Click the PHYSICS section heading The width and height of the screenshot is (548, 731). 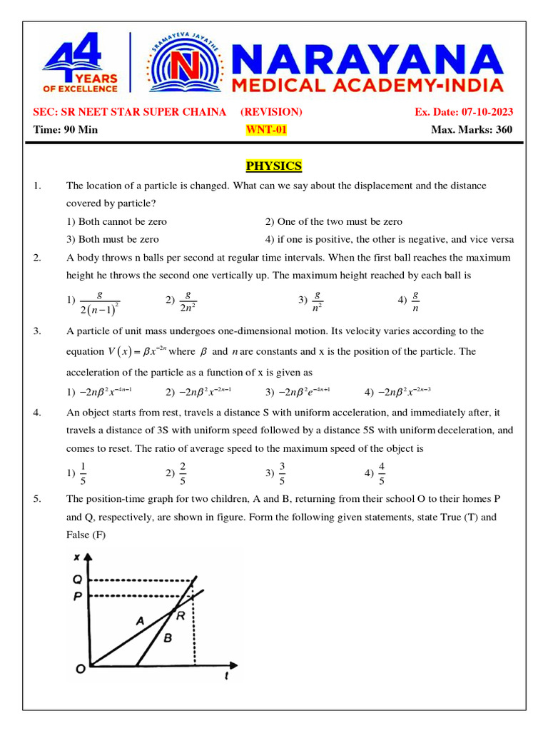pos(274,166)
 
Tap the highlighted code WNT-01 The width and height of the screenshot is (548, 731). pos(266,130)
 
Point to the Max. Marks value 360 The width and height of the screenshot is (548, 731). pos(502,130)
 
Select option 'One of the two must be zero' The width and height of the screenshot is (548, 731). pos(333,222)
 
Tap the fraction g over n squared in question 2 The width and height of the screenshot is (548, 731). pos(318,301)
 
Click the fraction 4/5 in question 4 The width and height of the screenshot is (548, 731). pos(382,473)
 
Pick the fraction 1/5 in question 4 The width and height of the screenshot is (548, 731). pos(83,473)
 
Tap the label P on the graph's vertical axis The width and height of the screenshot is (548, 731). pos(78,596)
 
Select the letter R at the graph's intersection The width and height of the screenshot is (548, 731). pos(181,616)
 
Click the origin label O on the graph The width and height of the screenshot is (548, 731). pos(81,669)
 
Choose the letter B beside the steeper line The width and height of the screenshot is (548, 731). pos(168,637)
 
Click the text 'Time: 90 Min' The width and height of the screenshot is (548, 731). pos(66,130)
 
